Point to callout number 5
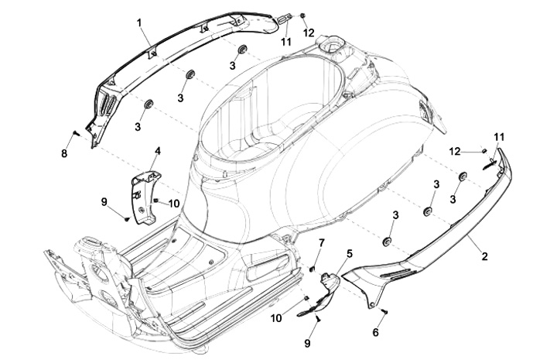pos(349,253)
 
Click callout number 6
pos(376,331)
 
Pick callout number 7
pos(323,245)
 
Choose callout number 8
pos(64,154)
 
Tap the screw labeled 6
pos(384,312)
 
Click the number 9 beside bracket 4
pos(104,201)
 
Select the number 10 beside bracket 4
pos(174,203)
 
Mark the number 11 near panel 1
pos(286,41)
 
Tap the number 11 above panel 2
pos(499,137)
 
